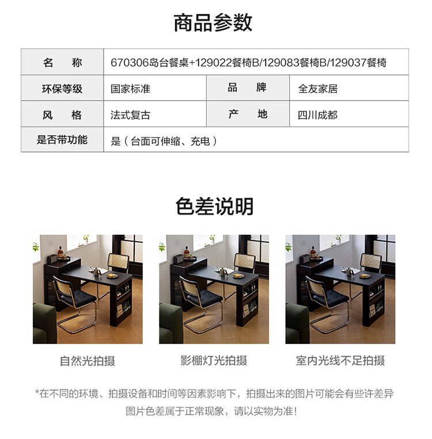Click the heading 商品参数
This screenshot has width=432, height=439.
pos(213,22)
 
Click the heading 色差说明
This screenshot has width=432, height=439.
pos(214,207)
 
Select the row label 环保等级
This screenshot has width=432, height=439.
pos(62,89)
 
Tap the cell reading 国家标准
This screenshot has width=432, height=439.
pos(130,89)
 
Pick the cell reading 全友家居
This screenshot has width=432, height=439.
pos(318,89)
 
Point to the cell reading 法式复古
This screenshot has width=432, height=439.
pos(130,115)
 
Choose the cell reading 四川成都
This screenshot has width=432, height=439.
pos(317,115)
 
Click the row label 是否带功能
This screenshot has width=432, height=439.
pos(62,140)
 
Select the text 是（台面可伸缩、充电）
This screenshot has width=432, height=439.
pos(164,141)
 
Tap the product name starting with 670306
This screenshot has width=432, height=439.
pos(249,63)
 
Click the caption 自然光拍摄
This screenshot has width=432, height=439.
pos(88,361)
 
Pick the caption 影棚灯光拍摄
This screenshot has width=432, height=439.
pos(214,361)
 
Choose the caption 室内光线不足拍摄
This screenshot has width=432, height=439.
pos(340,361)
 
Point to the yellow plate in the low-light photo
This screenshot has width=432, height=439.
pos(365,276)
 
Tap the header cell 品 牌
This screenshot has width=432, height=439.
pos(247,87)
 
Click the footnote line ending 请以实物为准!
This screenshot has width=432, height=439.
pos(211,411)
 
